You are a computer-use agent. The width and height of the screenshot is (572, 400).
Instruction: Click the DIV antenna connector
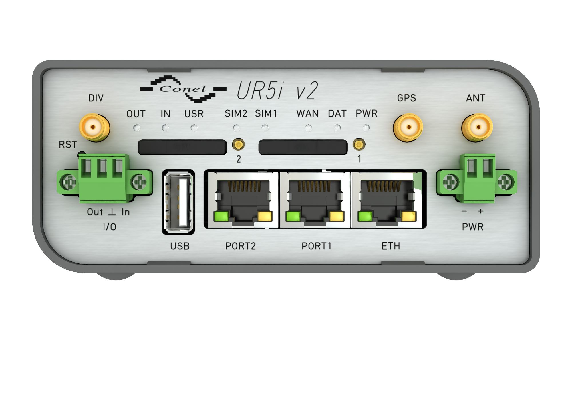click(94, 127)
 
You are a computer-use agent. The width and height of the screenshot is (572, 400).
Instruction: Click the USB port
click(178, 202)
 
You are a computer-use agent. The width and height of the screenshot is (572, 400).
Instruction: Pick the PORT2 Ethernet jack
click(242, 200)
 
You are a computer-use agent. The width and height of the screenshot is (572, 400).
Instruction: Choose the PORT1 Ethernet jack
click(315, 200)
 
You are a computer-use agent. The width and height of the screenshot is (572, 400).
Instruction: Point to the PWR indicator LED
click(366, 128)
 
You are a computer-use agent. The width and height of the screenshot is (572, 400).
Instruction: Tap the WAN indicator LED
click(308, 128)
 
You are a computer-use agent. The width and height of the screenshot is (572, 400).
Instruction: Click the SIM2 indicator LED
click(236, 128)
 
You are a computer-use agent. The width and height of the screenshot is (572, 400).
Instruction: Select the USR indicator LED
click(194, 128)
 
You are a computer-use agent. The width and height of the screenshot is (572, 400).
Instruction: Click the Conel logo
click(183, 89)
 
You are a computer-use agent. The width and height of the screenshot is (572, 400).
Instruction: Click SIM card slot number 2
click(182, 147)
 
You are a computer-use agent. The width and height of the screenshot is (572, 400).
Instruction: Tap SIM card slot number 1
click(303, 147)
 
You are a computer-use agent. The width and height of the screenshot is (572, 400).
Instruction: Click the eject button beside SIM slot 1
click(359, 144)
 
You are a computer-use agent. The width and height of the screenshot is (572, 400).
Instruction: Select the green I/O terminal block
click(105, 178)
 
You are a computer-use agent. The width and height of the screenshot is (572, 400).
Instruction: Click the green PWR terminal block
click(477, 178)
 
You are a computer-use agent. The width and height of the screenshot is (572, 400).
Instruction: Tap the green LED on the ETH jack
click(365, 216)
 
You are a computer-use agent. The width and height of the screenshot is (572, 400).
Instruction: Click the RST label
click(68, 145)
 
